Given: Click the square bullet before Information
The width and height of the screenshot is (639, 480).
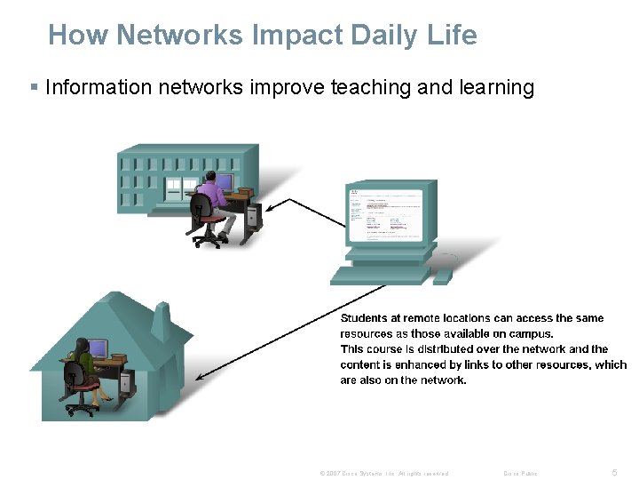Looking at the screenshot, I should coord(34,87).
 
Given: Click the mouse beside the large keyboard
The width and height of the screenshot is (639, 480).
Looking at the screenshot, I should coord(443,276).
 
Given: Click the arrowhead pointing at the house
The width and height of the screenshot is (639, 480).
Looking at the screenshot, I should coord(199,377).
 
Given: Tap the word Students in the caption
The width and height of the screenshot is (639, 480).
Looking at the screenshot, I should coord(363,318).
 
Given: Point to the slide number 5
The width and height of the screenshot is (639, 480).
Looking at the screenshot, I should coord(615,473).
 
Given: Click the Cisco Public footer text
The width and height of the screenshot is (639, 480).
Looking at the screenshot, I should coord(520,474).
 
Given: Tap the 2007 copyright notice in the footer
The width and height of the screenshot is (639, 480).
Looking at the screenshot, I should coord(384,474).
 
